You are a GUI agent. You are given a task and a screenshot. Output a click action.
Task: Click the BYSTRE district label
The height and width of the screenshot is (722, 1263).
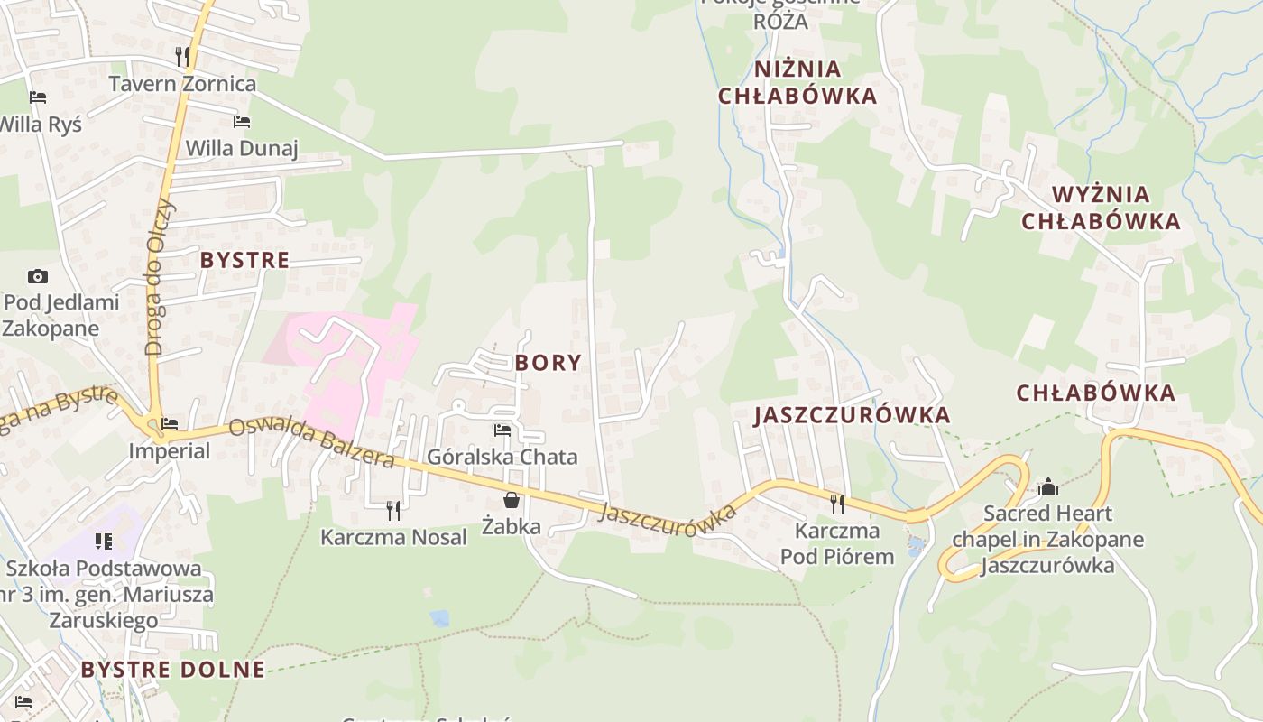coord(244,260)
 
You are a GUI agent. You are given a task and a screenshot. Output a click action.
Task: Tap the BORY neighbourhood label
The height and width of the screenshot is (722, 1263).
coord(548,363)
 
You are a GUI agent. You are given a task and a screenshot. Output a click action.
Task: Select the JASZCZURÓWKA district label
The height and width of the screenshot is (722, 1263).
coord(853,415)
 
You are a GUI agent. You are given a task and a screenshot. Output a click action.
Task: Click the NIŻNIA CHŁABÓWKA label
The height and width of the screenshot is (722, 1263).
coord(797,82)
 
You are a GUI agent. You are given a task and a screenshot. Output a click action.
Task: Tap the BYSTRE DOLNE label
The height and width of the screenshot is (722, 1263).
coord(173,670)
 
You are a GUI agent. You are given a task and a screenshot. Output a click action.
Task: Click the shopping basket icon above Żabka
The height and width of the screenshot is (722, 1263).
coord(512,499)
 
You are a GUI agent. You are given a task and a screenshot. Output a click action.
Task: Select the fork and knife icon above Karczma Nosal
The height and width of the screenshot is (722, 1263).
coord(393,510)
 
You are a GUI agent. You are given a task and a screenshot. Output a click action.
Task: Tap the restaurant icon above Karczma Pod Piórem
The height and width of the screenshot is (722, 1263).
coord(837,503)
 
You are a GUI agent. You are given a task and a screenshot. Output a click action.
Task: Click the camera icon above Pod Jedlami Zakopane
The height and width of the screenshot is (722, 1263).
coord(38,276)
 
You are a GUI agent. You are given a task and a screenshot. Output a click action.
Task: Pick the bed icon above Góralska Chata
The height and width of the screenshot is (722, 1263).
coord(502,430)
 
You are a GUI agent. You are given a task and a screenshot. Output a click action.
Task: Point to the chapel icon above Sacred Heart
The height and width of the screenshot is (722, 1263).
coord(1048,487)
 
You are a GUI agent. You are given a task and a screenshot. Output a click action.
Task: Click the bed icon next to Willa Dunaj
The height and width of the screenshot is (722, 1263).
coord(241,121)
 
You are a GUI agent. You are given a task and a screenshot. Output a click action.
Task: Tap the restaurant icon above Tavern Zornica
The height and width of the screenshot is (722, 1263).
coord(182,56)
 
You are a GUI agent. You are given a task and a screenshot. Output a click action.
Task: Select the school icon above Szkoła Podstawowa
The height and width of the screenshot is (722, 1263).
coord(104,541)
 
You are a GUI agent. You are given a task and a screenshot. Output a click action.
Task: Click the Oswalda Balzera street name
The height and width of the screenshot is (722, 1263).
coord(311,442)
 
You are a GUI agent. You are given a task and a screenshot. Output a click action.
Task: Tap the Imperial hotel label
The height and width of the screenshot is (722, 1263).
coord(169,450)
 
